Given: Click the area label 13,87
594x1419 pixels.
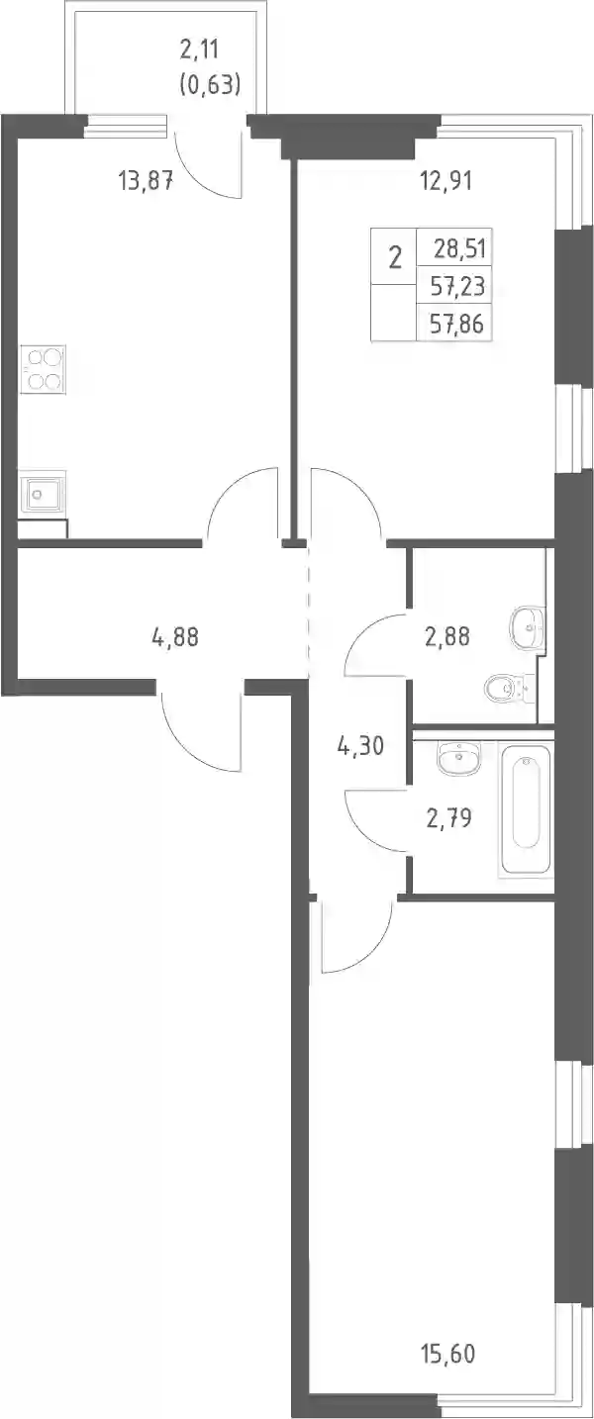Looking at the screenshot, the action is pyautogui.click(x=146, y=182).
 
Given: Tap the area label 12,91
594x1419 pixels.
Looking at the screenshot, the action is pyautogui.click(x=445, y=182).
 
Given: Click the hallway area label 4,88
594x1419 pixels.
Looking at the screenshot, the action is pyautogui.click(x=175, y=636).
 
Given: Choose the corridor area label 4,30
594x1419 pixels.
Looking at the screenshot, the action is pyautogui.click(x=360, y=746).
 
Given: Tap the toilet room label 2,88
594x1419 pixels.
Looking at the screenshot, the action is pyautogui.click(x=447, y=636).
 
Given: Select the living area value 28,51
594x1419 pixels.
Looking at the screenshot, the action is pyautogui.click(x=460, y=248).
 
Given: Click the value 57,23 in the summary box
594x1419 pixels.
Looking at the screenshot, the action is pyautogui.click(x=457, y=286).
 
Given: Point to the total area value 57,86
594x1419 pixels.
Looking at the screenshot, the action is pyautogui.click(x=457, y=324).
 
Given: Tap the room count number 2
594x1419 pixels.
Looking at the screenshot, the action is pyautogui.click(x=395, y=258).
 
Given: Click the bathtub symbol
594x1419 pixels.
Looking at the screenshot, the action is pyautogui.click(x=527, y=809).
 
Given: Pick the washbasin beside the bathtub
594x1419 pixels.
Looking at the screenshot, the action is pyautogui.click(x=457, y=757).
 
